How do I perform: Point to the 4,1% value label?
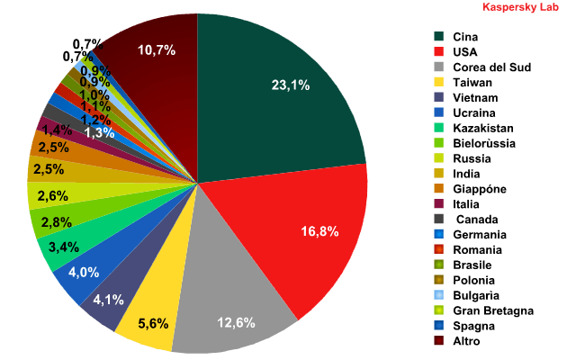tap(108, 300)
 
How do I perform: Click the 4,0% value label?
tap(84, 273)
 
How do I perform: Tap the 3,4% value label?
tap(64, 247)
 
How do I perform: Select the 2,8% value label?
tap(57, 222)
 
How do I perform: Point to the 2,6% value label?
tap(52, 196)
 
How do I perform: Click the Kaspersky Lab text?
tap(520, 7)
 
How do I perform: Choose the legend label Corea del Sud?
tap(491, 67)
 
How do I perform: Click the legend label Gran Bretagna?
tap(493, 310)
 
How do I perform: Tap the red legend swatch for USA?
tap(439, 51)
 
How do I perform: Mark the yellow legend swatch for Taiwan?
tap(439, 82)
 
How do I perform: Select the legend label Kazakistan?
tap(483, 129)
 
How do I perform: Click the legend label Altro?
tap(466, 341)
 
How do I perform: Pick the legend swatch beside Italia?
tap(439, 203)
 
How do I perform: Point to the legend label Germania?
tap(480, 235)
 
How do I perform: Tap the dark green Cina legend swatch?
tap(439, 36)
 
